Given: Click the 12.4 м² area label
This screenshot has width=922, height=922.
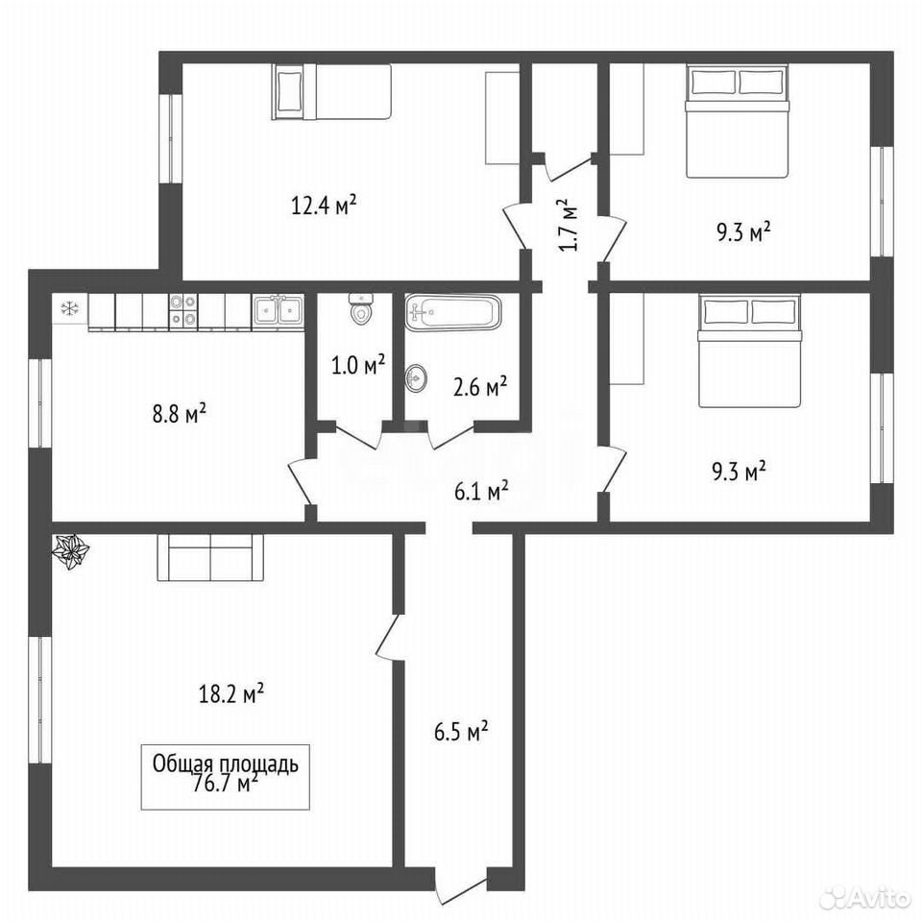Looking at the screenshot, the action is [324, 206].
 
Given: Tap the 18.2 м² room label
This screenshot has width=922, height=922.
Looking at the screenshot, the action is [231, 694].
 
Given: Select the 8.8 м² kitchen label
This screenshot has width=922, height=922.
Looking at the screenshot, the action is [180, 413].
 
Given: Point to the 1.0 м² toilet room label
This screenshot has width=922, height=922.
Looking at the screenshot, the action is [358, 365].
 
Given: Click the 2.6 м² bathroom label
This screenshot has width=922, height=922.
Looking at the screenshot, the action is [480, 387].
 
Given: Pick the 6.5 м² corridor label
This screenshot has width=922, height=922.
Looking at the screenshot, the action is [461, 732].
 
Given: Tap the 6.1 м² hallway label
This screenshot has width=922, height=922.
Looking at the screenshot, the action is [481, 491].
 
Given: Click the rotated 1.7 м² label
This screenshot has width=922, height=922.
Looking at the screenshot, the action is [569, 225].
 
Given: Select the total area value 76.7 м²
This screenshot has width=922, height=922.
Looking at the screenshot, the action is [225, 784].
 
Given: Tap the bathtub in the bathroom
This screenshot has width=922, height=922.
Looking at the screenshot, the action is [452, 311].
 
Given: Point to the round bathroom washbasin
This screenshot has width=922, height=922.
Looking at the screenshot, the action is [416, 376].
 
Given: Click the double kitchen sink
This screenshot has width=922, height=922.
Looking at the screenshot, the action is [279, 310].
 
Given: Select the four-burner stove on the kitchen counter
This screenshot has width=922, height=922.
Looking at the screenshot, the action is [183, 310].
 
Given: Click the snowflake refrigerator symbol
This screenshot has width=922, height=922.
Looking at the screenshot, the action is [70, 308].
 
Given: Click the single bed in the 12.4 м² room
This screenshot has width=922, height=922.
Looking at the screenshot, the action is [331, 92].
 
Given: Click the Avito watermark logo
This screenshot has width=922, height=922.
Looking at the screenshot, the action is [865, 898].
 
